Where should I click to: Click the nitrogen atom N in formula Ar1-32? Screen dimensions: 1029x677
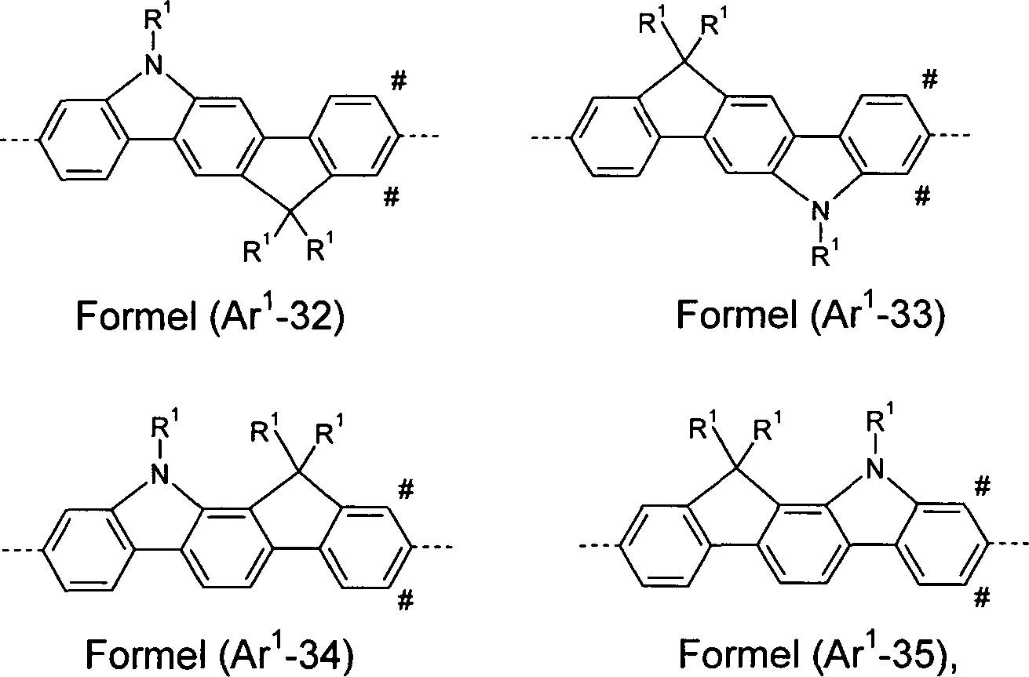pos(155,64)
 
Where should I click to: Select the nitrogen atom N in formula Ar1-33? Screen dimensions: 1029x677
pos(820,212)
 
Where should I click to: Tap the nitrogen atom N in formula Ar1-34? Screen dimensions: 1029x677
pos(160,474)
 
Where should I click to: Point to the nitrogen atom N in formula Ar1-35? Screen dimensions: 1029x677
pos(876,469)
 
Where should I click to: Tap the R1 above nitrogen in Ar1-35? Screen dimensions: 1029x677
pos(880,417)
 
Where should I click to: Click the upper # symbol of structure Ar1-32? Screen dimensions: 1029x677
pos(398,82)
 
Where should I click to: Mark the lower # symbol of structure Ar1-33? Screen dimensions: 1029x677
pos(922,197)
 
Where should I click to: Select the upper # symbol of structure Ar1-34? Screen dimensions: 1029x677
pos(406,490)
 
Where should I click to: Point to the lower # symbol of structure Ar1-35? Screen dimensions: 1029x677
pos(982,599)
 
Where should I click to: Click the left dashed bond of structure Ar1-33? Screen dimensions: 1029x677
pos(551,136)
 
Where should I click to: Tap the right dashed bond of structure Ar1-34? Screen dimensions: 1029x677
pos(432,547)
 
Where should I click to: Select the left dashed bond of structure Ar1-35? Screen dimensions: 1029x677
pos(600,545)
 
